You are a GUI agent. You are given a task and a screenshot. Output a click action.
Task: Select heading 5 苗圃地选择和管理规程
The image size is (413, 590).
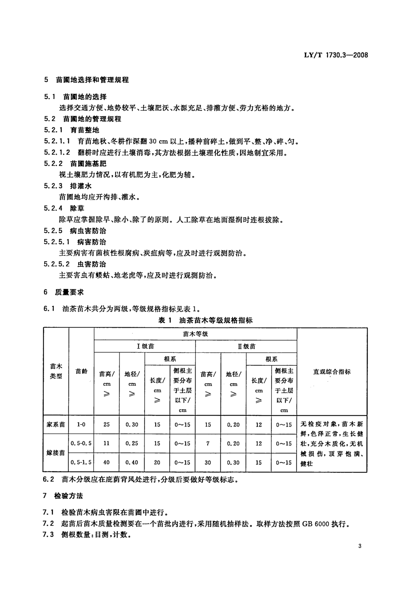pos(86,80)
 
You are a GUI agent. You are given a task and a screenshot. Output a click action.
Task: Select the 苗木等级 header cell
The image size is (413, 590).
pos(195,334)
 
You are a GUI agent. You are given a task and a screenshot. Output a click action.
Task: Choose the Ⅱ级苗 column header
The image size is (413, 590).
pos(246,346)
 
